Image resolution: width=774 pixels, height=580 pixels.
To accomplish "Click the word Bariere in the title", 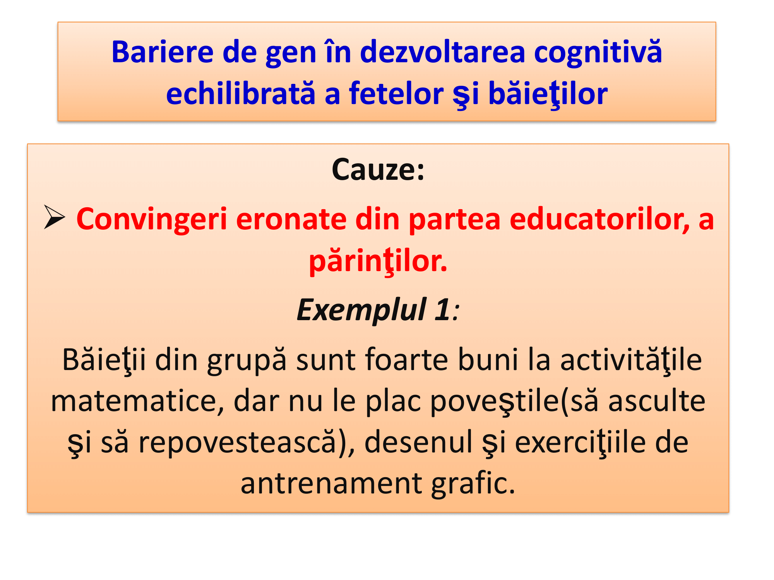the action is (x=163, y=52).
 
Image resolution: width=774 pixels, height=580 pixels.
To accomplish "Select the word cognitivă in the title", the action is (x=598, y=52).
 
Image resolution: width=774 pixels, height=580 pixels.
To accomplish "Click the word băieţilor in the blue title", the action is (x=548, y=94).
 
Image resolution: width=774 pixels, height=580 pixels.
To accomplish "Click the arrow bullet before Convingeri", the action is (x=54, y=217).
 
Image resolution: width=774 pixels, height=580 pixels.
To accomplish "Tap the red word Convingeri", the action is (x=152, y=220).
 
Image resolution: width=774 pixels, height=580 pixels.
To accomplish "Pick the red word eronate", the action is (x=291, y=220).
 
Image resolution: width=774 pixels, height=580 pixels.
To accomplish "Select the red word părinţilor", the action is (x=378, y=262).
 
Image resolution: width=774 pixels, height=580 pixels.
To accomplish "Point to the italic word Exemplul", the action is (x=361, y=310).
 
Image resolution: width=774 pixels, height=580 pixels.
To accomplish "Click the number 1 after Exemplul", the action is (x=442, y=310).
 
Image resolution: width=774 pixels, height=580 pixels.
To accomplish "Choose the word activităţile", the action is (x=631, y=360).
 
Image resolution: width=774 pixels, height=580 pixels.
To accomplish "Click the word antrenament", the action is (x=331, y=484).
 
